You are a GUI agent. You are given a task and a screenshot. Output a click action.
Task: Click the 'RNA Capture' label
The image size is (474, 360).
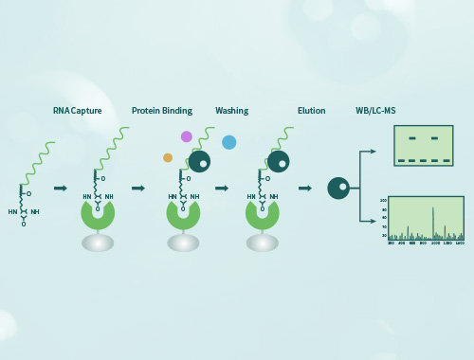[x=77, y=111]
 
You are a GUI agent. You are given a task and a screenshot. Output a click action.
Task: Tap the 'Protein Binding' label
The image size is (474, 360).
[x=162, y=111]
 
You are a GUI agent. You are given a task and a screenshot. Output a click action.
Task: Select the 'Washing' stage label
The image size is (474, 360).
[x=231, y=111]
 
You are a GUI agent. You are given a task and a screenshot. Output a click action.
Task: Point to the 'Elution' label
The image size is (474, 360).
[x=311, y=111]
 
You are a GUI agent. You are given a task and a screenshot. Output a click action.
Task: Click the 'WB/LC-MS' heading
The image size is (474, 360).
[x=375, y=111]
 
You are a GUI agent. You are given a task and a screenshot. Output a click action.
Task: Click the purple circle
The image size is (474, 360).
[x=187, y=136]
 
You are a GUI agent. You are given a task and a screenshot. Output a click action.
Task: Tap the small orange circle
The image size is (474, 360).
[x=168, y=157]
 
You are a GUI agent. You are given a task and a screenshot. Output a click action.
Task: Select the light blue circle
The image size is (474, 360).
[x=228, y=142]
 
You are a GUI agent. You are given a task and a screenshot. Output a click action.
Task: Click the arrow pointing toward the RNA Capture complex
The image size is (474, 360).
[x=61, y=189]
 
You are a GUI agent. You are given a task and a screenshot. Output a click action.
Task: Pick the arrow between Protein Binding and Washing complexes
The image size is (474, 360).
[x=222, y=189]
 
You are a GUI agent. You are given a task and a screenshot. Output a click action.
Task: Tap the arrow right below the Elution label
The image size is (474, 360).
[x=305, y=189]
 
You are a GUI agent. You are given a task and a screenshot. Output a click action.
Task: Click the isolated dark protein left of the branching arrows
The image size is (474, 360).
[x=338, y=189]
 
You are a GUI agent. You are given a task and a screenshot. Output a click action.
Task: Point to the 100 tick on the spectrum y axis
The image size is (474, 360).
[x=383, y=201]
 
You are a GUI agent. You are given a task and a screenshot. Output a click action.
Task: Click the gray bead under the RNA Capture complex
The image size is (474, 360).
[x=98, y=243]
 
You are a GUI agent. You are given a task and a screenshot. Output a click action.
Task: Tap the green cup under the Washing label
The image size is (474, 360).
[x=263, y=214]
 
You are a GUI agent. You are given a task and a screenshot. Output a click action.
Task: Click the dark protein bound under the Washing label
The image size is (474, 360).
[x=278, y=162]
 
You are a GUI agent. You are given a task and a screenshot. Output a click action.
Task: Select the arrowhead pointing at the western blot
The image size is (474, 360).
[x=374, y=152]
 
